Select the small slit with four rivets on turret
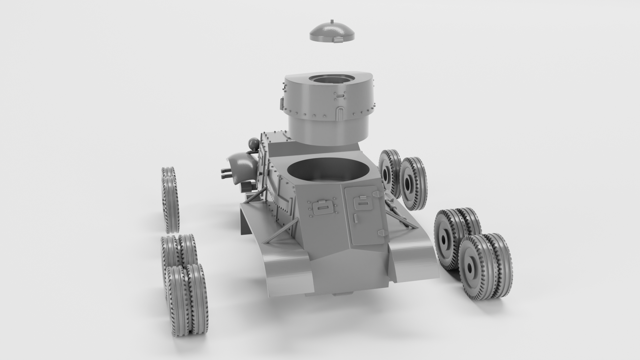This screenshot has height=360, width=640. point(339,95)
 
